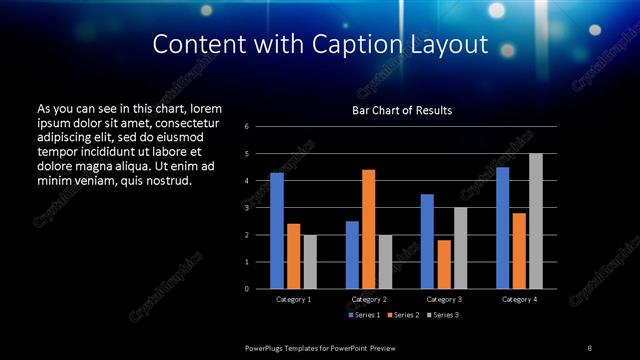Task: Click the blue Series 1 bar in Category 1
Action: tap(277, 231)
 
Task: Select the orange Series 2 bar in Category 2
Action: tap(368, 229)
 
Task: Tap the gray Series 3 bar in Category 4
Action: tap(535, 221)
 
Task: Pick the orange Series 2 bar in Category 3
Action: tap(444, 264)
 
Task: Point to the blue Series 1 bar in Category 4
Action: tap(502, 228)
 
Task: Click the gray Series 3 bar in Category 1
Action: tap(310, 262)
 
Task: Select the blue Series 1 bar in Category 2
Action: tap(352, 255)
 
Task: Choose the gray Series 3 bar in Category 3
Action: tap(460, 248)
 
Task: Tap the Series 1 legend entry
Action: tap(363, 315)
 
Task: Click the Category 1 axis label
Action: tap(293, 299)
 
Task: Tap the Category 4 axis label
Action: tap(519, 299)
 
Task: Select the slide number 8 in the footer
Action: tap(589, 347)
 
